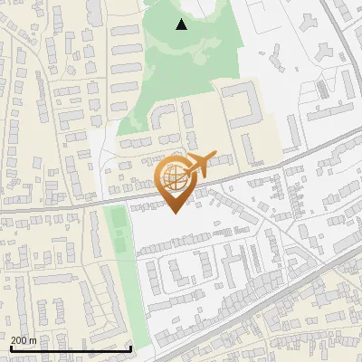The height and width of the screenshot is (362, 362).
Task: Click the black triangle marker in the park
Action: [x=182, y=24]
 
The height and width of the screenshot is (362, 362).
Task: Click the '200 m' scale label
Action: [x=24, y=340]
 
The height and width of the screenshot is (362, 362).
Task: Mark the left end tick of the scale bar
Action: [x=10, y=348]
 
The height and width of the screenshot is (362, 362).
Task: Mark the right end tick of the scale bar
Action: [x=131, y=348]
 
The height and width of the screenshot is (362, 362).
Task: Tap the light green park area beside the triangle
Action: [x=195, y=63]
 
